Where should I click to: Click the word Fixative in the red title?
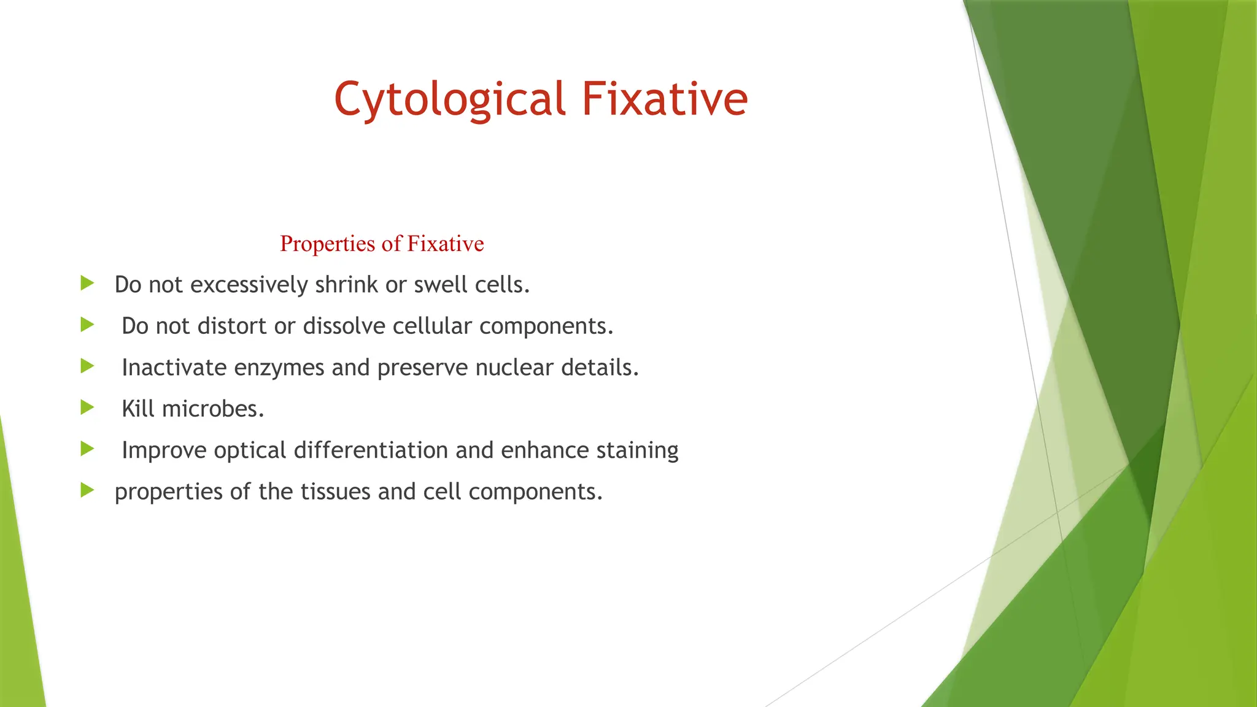click(x=665, y=99)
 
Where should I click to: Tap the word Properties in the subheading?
click(x=327, y=244)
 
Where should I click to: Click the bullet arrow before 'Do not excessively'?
click(x=87, y=284)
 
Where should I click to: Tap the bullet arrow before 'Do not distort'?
click(x=87, y=325)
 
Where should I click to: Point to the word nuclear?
click(x=514, y=368)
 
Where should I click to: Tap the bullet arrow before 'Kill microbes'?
click(x=87, y=408)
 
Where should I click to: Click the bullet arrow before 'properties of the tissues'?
click(x=87, y=490)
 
